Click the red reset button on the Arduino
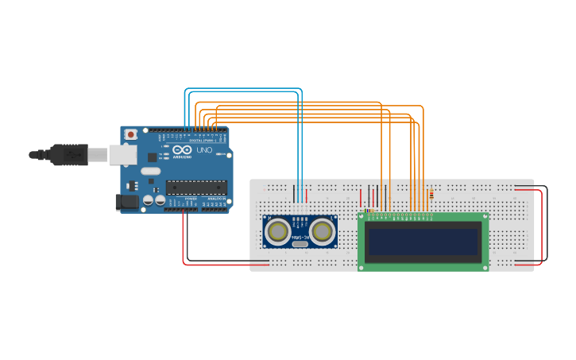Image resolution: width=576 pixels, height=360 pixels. coord(130,134)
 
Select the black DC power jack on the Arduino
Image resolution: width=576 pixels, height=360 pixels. coord(126,203)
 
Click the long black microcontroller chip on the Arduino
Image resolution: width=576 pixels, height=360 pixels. coord(195,188)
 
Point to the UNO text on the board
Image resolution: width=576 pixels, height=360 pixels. coord(203,150)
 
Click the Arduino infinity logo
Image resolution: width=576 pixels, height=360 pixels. coord(182,150)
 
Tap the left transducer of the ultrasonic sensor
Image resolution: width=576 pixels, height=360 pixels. coord(278,230)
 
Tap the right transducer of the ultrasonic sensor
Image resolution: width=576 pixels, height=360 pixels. coord(322,230)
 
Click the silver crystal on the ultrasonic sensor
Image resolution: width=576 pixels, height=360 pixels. coord(300,243)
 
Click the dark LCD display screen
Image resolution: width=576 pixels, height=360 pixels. coord(423,242)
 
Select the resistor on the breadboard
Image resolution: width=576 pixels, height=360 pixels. coord(431,193)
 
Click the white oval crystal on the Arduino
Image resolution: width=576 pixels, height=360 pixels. coord(149,170)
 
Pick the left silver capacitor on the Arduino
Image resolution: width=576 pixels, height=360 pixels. coord(148,201)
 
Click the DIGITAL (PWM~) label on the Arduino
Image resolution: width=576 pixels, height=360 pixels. coord(200,140)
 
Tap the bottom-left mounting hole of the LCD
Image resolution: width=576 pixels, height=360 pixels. coord(361,267)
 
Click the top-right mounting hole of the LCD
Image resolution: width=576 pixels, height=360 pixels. coord(485,216)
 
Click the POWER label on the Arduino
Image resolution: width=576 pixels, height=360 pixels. coord(191,199)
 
